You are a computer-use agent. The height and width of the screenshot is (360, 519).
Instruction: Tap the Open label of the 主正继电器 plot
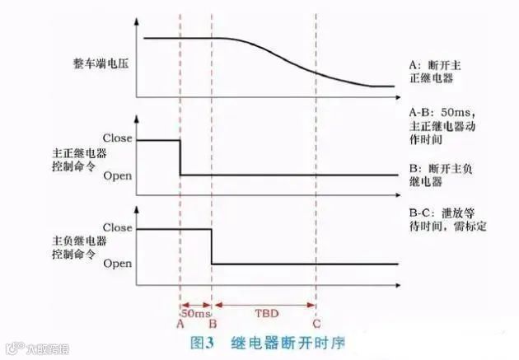(117, 175)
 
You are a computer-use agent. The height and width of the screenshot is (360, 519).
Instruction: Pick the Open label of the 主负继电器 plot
(117, 264)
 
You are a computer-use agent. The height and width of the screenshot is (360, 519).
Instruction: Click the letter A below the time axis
(180, 324)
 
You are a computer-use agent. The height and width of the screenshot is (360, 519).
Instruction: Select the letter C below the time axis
(316, 324)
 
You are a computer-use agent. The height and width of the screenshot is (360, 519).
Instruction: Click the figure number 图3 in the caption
(203, 341)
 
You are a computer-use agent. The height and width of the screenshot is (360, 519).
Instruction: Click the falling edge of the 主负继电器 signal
(212, 245)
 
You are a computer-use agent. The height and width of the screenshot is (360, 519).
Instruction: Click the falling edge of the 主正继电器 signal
(180, 157)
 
